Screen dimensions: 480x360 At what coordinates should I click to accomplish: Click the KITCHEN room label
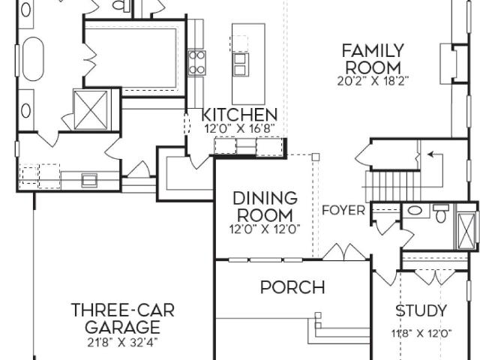239,115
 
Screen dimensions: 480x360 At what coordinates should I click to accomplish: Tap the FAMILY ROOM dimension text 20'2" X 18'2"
373,81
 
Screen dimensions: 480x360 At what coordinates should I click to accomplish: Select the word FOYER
343,211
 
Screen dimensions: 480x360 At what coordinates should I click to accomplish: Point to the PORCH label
292,287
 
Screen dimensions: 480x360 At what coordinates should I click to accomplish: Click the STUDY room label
421,311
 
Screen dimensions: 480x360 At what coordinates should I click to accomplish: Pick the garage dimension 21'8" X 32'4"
122,343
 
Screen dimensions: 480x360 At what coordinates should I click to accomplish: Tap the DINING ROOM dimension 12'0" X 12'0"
265,229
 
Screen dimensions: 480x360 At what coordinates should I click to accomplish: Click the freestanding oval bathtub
33,59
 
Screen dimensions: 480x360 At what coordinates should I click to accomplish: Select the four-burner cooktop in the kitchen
196,63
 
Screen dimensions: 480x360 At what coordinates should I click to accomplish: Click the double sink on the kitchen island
241,64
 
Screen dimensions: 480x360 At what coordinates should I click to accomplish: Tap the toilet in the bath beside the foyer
441,213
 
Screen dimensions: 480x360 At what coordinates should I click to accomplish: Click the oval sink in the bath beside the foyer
415,211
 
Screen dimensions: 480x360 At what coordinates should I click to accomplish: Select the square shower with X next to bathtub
91,110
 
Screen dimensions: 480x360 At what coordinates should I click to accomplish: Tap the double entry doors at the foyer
346,252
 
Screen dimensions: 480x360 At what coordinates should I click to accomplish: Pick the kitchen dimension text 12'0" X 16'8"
239,128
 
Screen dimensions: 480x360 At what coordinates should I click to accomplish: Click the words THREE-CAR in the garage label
123,310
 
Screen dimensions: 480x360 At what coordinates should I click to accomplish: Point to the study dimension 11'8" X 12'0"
421,333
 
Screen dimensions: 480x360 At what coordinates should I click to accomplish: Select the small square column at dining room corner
316,157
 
